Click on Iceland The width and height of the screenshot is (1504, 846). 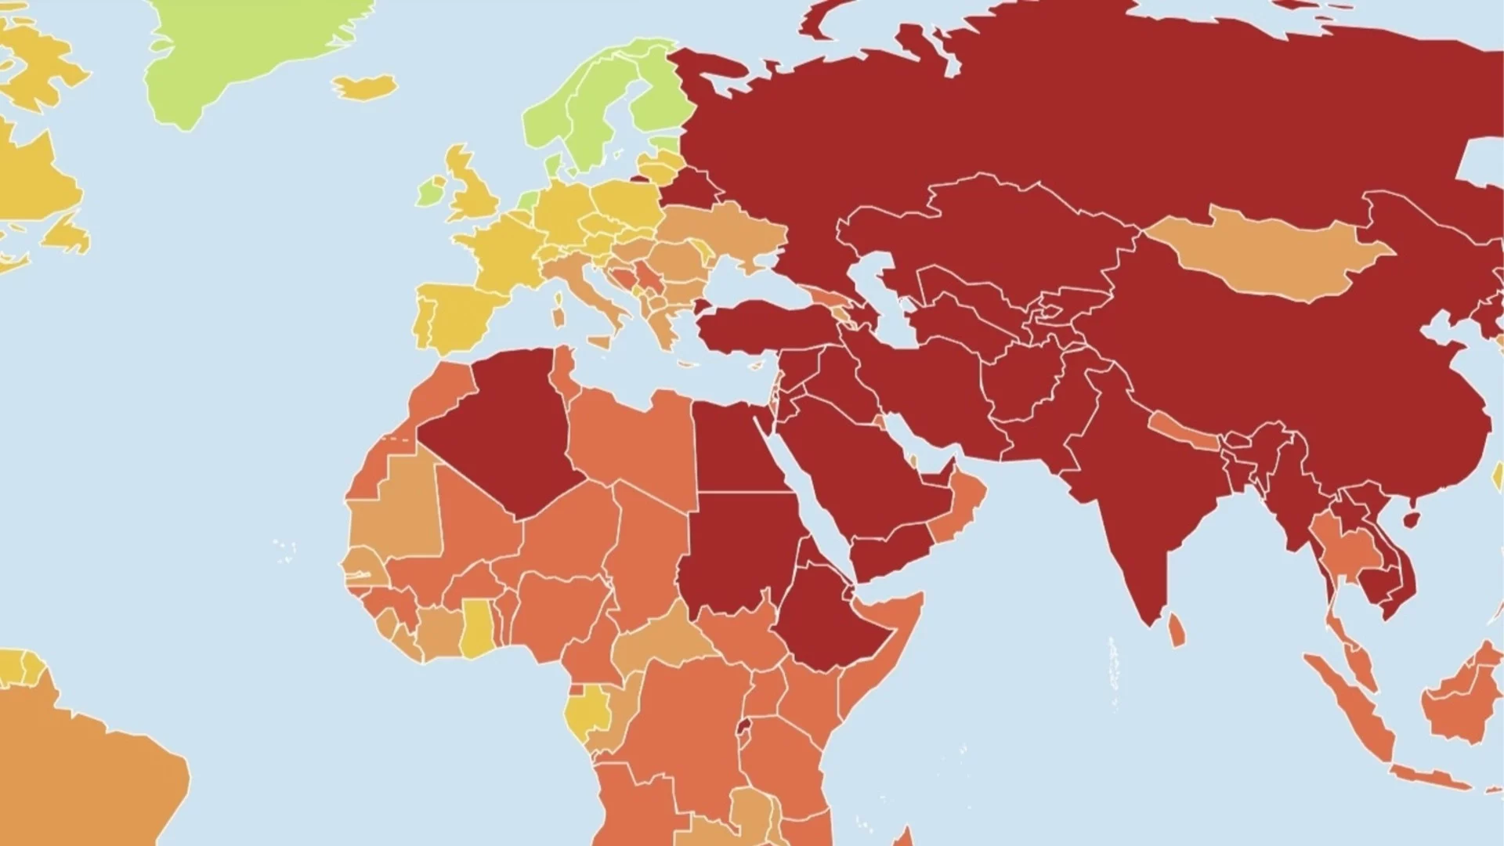(364, 86)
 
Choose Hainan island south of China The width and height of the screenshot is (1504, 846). (1412, 519)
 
